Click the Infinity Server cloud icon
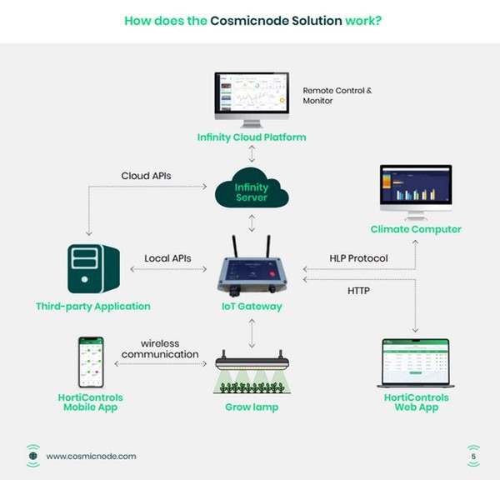point(251,190)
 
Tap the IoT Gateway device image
point(252,267)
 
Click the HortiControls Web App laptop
point(415,362)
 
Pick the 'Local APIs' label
point(167,258)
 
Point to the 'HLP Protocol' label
point(357,258)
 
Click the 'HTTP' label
point(359,291)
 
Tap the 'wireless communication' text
point(160,348)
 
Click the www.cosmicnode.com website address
point(91,456)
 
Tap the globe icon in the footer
point(32,456)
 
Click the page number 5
point(473,456)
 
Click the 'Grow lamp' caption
point(252,407)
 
